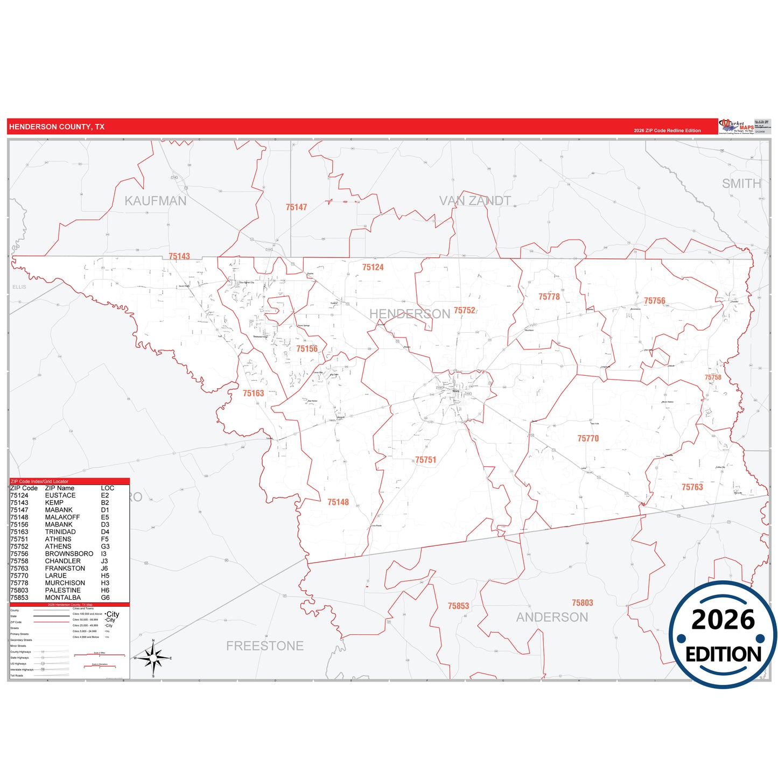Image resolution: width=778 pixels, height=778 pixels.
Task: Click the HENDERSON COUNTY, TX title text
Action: (57, 127)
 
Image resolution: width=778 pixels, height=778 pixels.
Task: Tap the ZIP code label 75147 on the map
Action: (296, 207)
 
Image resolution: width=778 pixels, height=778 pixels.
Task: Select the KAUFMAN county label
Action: (156, 201)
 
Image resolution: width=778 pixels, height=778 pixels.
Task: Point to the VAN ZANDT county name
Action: (475, 201)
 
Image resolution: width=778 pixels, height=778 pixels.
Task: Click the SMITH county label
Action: (741, 184)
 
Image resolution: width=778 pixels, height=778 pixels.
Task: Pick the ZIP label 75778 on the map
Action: (549, 297)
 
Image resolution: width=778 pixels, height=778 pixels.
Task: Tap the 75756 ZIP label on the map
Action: (655, 301)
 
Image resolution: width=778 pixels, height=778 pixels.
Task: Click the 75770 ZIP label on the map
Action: (588, 439)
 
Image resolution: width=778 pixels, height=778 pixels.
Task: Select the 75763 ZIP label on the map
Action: (692, 487)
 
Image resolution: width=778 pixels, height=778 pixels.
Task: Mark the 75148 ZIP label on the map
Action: (338, 502)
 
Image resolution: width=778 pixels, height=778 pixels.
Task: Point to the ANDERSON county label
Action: (552, 618)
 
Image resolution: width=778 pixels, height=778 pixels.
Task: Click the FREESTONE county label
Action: (265, 646)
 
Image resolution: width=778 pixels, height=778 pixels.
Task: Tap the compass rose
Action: (153, 658)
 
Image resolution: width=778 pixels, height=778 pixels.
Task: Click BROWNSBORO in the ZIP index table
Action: (69, 553)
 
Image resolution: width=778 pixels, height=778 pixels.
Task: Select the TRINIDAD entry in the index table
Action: (60, 532)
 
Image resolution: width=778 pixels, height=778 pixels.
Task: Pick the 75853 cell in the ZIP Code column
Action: (19, 598)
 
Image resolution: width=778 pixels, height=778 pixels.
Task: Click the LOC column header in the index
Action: (108, 488)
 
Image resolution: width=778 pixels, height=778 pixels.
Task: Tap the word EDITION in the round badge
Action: (723, 654)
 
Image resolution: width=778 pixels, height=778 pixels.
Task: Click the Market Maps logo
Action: (737, 127)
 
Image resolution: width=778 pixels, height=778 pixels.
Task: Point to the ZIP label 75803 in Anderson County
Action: (583, 603)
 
